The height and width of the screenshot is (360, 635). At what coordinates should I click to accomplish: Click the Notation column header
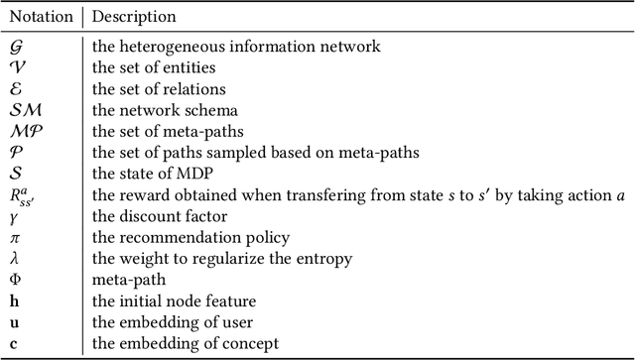tap(39, 17)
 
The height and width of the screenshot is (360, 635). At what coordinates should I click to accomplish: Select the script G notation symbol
tap(15, 46)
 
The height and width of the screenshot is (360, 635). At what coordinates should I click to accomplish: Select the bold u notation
tap(14, 323)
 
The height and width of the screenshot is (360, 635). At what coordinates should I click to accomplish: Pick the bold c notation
tap(13, 343)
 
